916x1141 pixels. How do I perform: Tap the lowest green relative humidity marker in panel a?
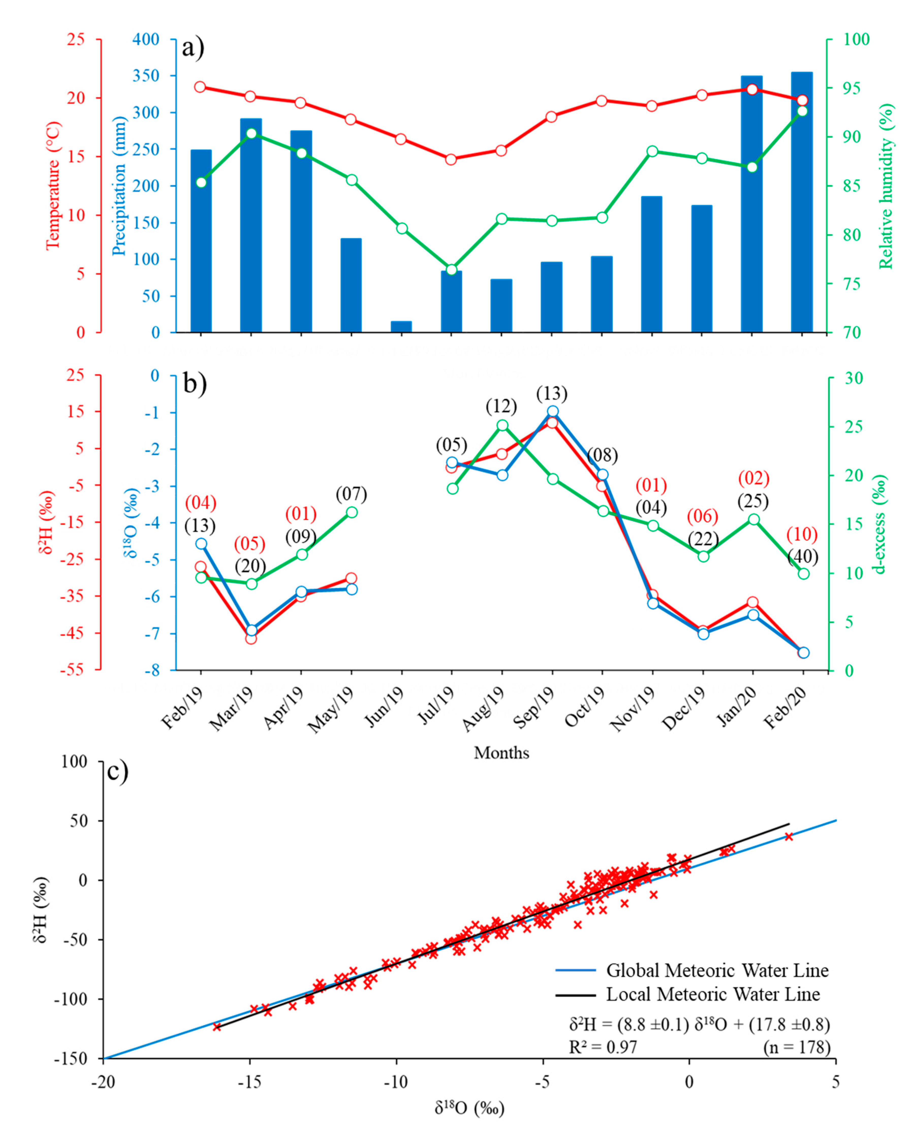451,270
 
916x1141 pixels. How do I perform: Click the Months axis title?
501,753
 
